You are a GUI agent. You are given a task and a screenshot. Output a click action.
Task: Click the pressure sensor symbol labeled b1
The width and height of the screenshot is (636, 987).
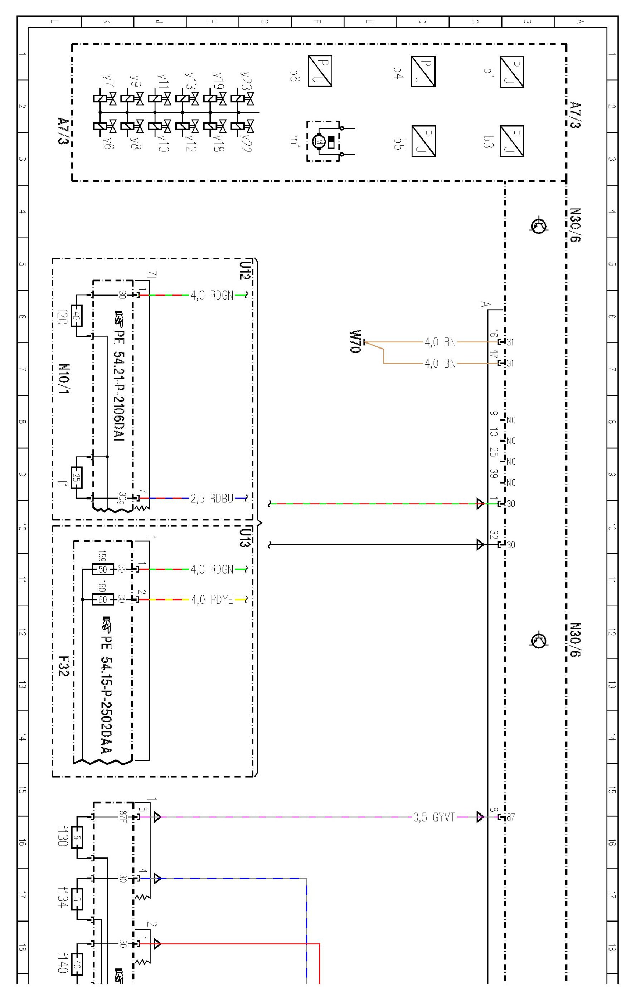(512, 72)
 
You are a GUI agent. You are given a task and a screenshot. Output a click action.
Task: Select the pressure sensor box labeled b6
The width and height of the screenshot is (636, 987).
(320, 71)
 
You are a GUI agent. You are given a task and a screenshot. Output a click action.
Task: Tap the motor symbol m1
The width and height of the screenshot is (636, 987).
(319, 142)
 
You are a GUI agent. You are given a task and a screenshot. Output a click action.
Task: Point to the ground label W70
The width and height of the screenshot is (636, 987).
(355, 341)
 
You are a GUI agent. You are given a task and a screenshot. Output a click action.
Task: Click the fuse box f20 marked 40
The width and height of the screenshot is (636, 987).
(76, 316)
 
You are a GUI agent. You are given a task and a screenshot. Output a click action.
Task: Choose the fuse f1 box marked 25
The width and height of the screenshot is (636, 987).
(76, 477)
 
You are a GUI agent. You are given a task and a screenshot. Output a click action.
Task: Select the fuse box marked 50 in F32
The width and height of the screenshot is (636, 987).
(102, 569)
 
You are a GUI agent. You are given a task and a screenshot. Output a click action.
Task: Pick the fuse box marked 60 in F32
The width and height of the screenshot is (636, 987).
(102, 599)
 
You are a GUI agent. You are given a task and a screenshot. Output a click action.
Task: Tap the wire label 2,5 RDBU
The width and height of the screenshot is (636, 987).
(212, 499)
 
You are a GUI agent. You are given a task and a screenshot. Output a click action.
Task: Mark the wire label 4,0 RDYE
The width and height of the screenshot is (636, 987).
(212, 599)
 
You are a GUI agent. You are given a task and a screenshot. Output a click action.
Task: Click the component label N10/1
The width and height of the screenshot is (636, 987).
(64, 379)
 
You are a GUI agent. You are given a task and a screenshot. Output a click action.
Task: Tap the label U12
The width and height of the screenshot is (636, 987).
(245, 270)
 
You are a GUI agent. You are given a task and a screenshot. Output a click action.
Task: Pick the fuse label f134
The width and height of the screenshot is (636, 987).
(63, 897)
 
